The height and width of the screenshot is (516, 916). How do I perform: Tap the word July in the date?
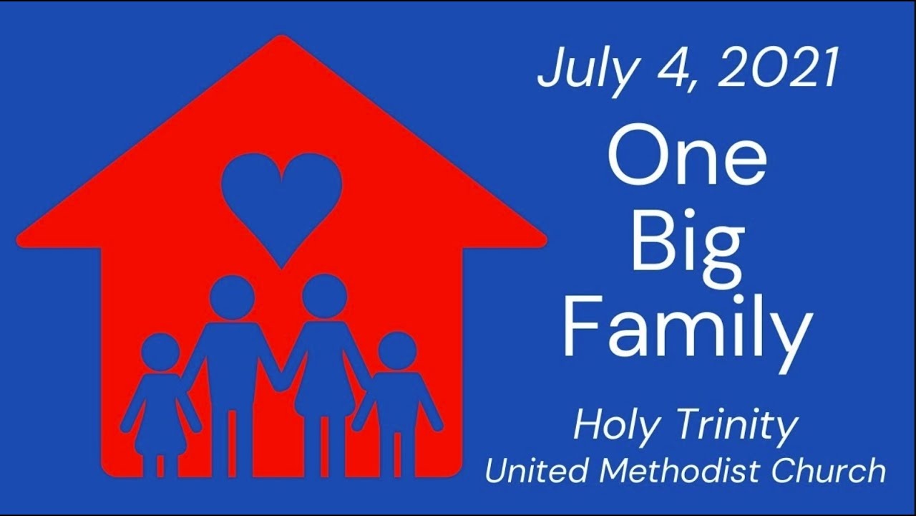[x=583, y=70]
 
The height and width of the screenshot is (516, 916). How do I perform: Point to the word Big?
[x=687, y=247]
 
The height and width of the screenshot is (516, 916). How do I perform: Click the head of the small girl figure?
[x=160, y=352]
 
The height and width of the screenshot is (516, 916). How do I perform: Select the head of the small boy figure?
[x=397, y=351]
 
